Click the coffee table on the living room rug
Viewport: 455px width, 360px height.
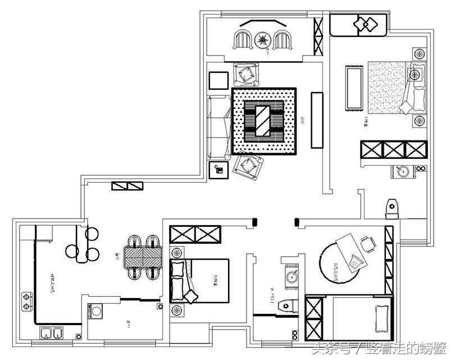pyautogui.click(x=263, y=120)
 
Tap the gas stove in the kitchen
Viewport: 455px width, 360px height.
pyautogui.click(x=26, y=300)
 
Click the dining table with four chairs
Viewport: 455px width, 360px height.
pyautogui.click(x=142, y=257)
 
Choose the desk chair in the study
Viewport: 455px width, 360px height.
pyautogui.click(x=368, y=244)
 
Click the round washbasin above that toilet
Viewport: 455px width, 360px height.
pyautogui.click(x=291, y=276)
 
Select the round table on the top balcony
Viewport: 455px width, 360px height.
pyautogui.click(x=262, y=40)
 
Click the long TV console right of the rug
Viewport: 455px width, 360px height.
pyautogui.click(x=317, y=120)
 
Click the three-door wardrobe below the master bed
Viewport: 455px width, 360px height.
pyautogui.click(x=393, y=151)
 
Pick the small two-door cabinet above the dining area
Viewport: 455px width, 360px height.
pyautogui.click(x=127, y=185)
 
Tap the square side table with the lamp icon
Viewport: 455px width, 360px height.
pyautogui.click(x=218, y=170)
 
